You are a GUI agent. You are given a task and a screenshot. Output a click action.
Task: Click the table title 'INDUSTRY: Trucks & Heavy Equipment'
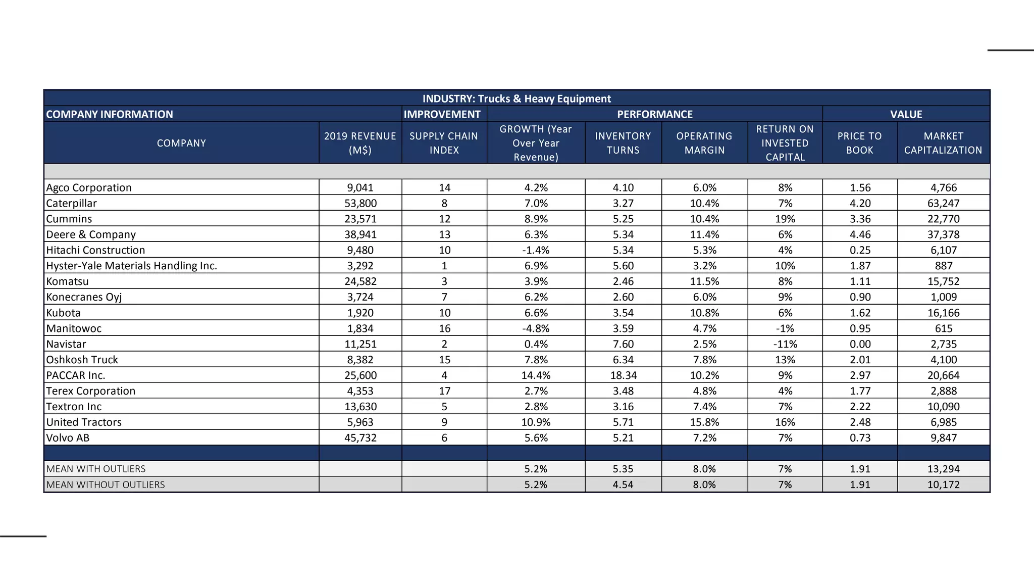pyautogui.click(x=516, y=99)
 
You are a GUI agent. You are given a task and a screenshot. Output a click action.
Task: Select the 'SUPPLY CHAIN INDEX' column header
pyautogui.click(x=444, y=143)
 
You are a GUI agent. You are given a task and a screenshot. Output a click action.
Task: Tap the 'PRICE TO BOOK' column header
pyautogui.click(x=859, y=143)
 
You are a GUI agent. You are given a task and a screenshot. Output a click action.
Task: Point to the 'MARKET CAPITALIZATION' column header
pyautogui.click(x=943, y=143)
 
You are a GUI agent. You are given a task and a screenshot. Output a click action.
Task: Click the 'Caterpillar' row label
pyautogui.click(x=71, y=203)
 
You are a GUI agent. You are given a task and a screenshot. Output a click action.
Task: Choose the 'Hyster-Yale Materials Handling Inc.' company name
pyautogui.click(x=131, y=266)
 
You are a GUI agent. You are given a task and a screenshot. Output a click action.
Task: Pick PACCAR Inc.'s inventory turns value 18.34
pyautogui.click(x=623, y=375)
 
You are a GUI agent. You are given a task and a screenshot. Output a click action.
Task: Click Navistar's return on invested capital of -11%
pyautogui.click(x=785, y=344)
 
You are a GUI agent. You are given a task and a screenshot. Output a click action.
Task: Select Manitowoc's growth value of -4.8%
pyautogui.click(x=536, y=328)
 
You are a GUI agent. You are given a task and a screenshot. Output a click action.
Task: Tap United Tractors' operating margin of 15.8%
pyautogui.click(x=704, y=422)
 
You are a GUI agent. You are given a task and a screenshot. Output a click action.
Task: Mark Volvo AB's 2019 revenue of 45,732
pyautogui.click(x=360, y=438)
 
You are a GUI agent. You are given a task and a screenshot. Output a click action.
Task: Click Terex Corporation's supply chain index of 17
pyautogui.click(x=444, y=391)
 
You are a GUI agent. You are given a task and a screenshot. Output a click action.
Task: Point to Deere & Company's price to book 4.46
pyautogui.click(x=860, y=234)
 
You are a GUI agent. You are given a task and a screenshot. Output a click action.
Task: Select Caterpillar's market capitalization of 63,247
pyautogui.click(x=943, y=203)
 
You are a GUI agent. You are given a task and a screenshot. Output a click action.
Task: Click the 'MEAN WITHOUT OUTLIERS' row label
pyautogui.click(x=106, y=485)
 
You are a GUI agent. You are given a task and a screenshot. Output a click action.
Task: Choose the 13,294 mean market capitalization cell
pyautogui.click(x=943, y=469)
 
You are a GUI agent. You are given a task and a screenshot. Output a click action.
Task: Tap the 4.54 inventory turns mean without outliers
pyautogui.click(x=623, y=485)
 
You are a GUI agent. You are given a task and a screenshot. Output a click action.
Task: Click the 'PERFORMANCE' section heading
pyautogui.click(x=654, y=114)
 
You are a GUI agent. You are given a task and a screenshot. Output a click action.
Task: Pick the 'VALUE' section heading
pyautogui.click(x=906, y=114)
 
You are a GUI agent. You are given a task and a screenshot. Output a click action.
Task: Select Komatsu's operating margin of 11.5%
pyautogui.click(x=704, y=281)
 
